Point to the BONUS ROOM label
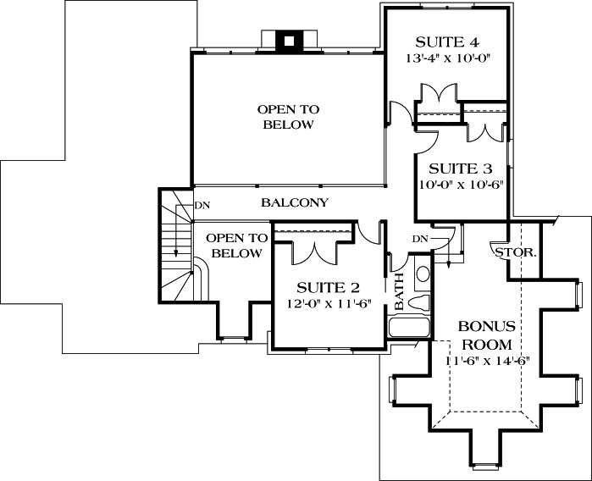pyautogui.click(x=485, y=335)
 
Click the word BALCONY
pyautogui.click(x=294, y=203)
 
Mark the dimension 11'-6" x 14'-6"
pyautogui.click(x=487, y=361)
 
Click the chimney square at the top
pyautogui.click(x=288, y=40)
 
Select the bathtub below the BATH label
pyautogui.click(x=408, y=329)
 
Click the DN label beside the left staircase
pyautogui.click(x=202, y=205)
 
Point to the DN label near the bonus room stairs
pyautogui.click(x=420, y=240)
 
